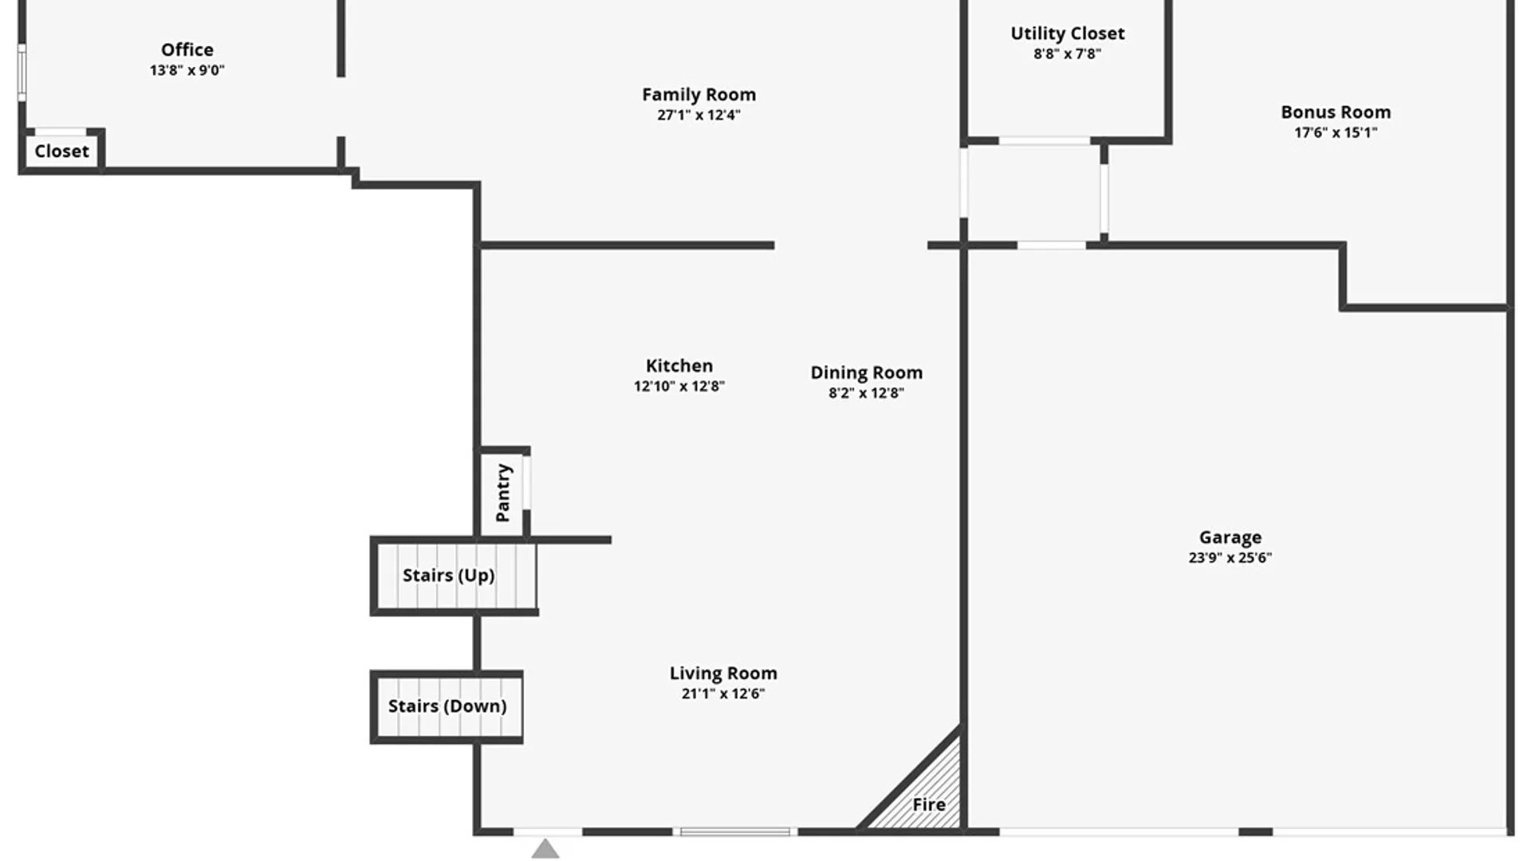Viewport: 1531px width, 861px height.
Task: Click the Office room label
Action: [187, 49]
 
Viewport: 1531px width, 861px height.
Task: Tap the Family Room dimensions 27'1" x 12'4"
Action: [699, 115]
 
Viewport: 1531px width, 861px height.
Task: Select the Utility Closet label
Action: [1067, 33]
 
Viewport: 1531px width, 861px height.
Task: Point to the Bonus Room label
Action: [1336, 112]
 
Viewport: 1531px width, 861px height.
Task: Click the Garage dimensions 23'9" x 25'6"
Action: [1230, 558]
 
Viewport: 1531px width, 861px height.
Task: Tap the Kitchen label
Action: [679, 365]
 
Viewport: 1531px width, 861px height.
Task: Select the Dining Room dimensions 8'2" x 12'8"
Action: [866, 393]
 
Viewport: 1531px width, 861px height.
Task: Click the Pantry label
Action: [502, 493]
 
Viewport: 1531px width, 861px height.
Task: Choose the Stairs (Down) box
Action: [447, 706]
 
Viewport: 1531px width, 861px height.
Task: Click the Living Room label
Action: [722, 673]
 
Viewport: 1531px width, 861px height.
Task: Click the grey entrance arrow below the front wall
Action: [545, 849]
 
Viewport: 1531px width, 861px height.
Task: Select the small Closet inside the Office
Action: [61, 151]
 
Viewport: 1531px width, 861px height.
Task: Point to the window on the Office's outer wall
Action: [22, 73]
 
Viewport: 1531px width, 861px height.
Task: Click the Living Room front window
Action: [734, 832]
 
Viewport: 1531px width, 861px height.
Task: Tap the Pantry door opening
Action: [526, 482]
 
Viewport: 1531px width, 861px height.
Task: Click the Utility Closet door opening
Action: [1044, 141]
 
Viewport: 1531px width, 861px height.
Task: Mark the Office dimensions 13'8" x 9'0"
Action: [187, 70]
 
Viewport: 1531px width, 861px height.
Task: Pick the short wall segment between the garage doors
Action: [1255, 832]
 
